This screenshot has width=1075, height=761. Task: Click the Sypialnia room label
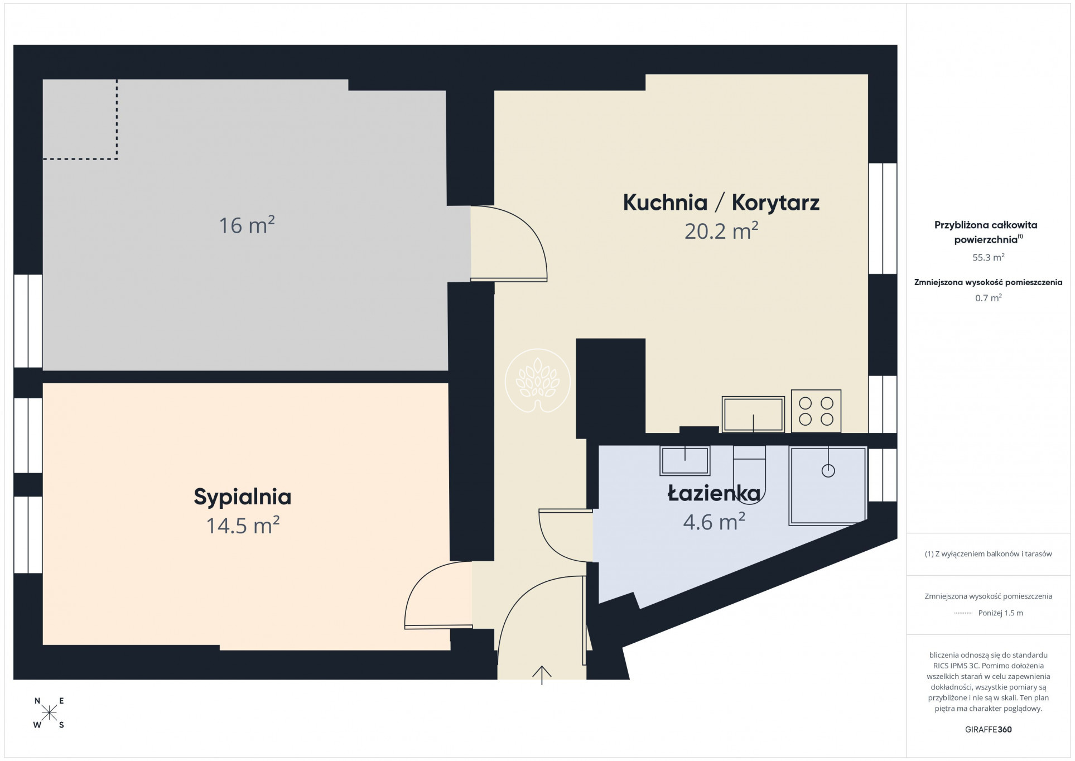tap(242, 497)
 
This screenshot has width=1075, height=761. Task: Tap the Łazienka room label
tap(714, 493)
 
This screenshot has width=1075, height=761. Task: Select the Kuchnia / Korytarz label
tap(721, 202)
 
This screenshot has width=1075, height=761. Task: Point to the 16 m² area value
tap(247, 225)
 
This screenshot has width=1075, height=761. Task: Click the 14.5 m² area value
tap(243, 525)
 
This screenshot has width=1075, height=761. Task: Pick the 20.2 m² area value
tap(721, 230)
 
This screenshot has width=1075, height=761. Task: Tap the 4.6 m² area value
tap(714, 522)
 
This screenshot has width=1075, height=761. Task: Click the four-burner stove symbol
tap(816, 411)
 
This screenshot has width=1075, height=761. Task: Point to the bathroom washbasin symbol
tap(684, 461)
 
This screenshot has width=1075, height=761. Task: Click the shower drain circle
tap(828, 470)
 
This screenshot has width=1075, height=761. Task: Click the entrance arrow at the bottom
tap(542, 675)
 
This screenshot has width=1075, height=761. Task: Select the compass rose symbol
tap(49, 712)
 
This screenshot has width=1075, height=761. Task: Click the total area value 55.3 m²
tap(989, 257)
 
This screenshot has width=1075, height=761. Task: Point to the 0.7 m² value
tap(989, 298)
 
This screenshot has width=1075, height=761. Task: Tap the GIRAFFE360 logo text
tap(988, 729)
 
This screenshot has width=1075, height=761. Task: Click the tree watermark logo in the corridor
tap(537, 381)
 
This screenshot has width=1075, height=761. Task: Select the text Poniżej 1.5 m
tap(1000, 613)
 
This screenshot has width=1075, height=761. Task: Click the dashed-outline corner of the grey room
tap(117, 159)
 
